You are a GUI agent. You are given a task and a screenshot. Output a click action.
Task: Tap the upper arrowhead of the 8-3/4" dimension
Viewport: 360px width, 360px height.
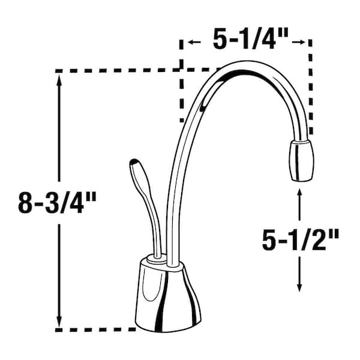point(59,82)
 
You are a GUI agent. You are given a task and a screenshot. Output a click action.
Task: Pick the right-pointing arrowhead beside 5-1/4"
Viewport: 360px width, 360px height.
point(302,43)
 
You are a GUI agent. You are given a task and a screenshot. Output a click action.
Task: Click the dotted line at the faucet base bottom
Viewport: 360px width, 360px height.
point(99,329)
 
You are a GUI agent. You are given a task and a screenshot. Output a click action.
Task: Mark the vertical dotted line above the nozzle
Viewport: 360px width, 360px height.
point(311,90)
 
